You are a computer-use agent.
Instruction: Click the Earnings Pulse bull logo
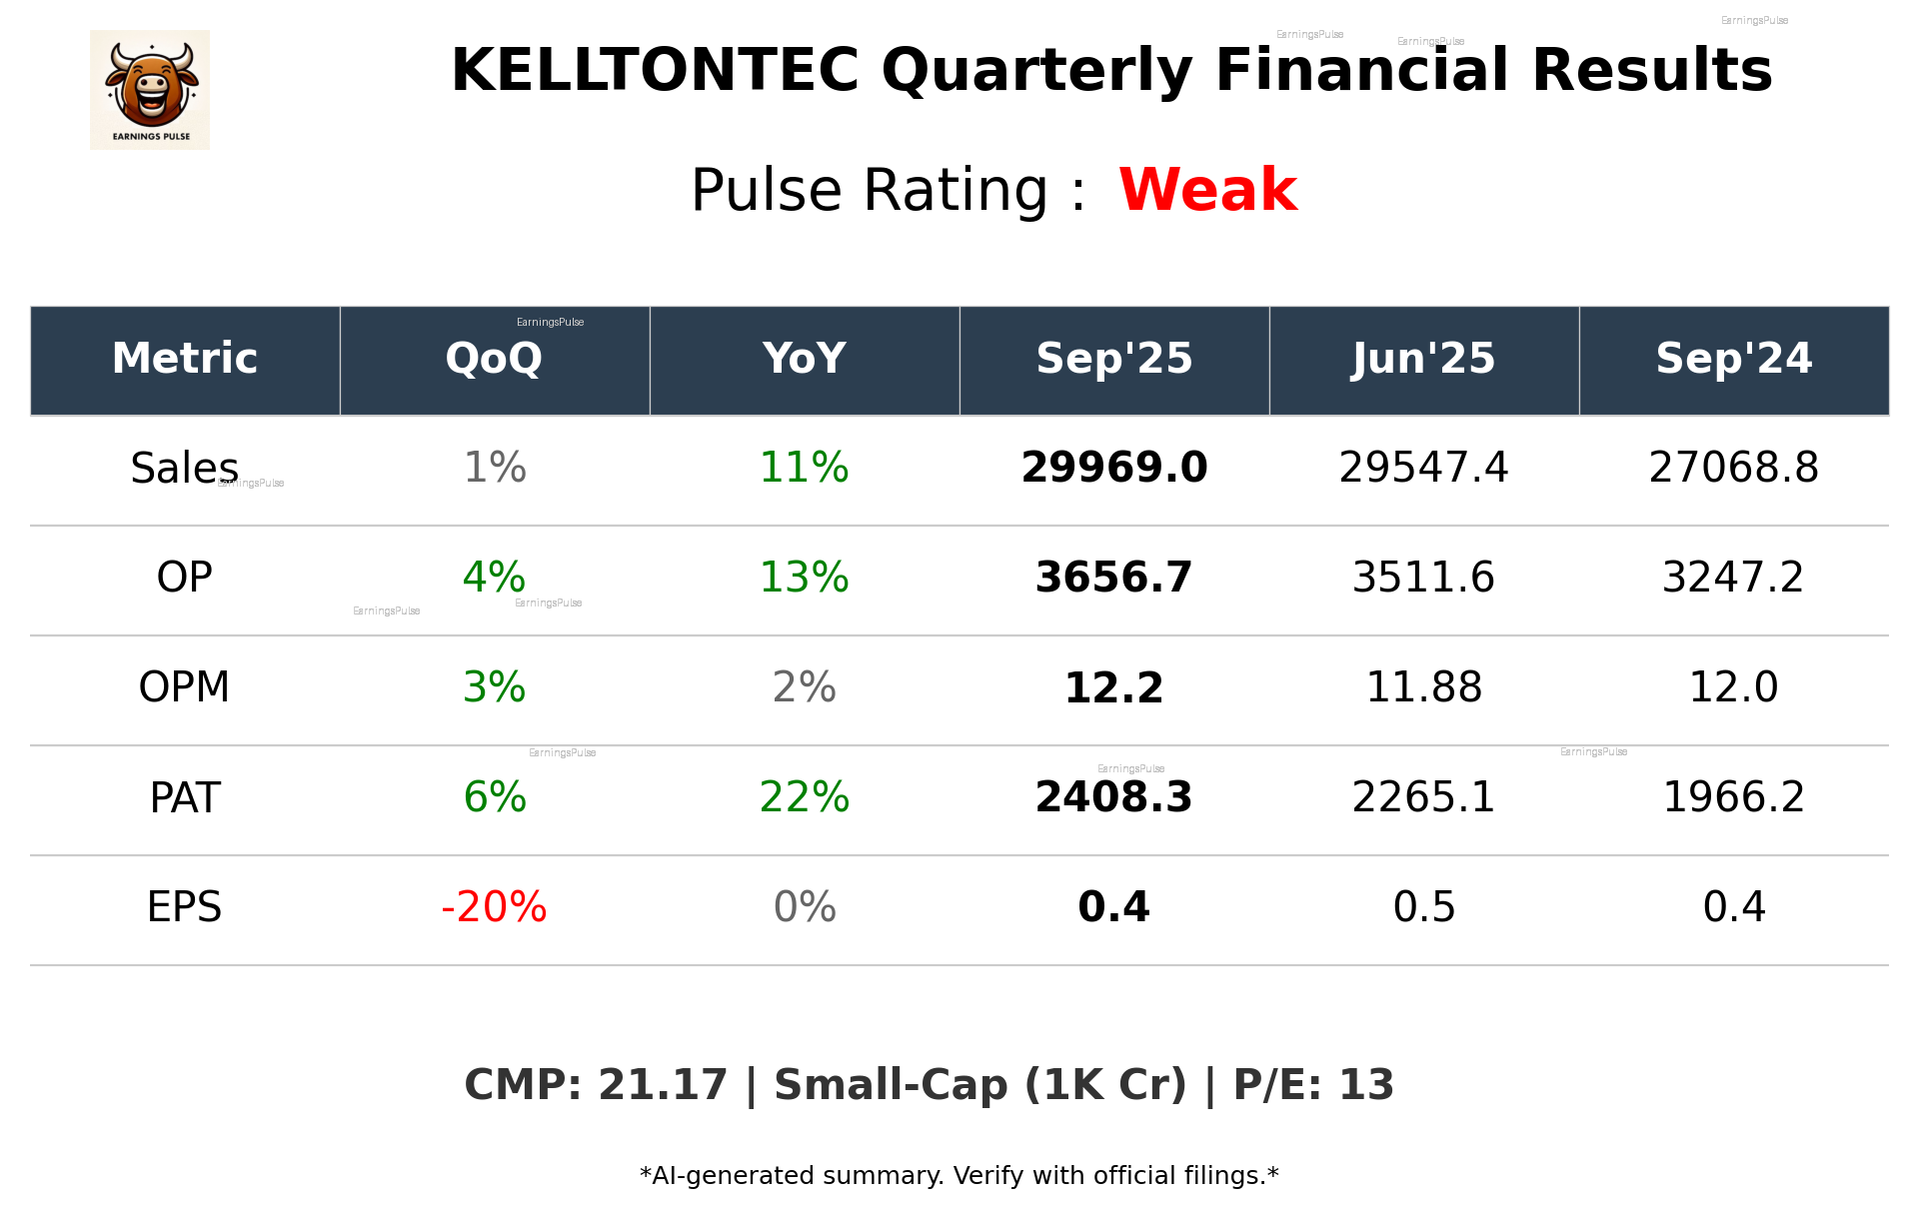(x=150, y=90)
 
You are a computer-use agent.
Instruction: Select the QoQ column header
(x=494, y=359)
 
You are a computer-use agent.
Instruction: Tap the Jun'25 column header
(x=1423, y=359)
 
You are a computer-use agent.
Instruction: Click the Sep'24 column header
(x=1733, y=359)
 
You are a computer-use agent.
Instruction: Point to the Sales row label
(x=185, y=468)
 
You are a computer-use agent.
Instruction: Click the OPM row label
(x=185, y=687)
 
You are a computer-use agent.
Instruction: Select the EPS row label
(x=185, y=907)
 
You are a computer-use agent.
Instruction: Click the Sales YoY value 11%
(x=804, y=468)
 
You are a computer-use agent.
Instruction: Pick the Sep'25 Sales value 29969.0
(x=1113, y=468)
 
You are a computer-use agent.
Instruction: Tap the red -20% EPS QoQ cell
(x=494, y=907)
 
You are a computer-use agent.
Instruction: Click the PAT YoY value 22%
(x=804, y=797)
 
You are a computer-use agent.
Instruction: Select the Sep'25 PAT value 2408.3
(x=1113, y=797)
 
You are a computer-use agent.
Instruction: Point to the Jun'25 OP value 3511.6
(x=1423, y=578)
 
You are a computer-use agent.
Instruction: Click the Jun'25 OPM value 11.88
(x=1423, y=687)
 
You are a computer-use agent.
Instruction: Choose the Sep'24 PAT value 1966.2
(x=1733, y=797)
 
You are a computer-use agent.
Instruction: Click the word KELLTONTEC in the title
(x=655, y=71)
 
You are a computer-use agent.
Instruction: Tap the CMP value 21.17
(x=663, y=1085)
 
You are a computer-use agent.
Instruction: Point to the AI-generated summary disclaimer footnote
(x=959, y=1176)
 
